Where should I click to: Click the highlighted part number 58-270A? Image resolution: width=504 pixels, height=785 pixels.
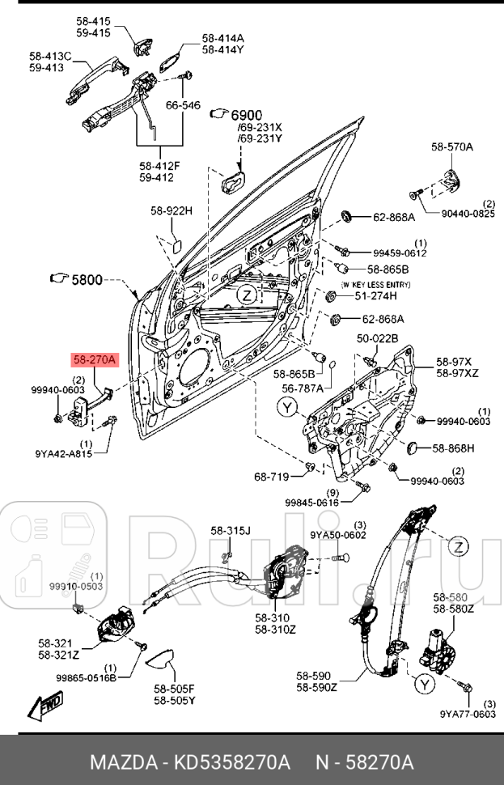pyautogui.click(x=95, y=359)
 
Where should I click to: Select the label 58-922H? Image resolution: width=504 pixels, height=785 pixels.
pyautogui.click(x=171, y=211)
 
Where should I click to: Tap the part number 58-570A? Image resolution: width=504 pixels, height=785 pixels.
pyautogui.click(x=451, y=146)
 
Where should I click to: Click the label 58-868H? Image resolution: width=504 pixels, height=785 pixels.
pyautogui.click(x=453, y=448)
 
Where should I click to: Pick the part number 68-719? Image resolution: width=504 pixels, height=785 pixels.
pyautogui.click(x=271, y=477)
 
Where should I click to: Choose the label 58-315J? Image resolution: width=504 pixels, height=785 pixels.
pyautogui.click(x=231, y=531)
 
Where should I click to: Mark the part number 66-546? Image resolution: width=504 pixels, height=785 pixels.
pyautogui.click(x=183, y=105)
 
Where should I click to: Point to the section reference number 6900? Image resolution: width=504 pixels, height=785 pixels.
pyautogui.click(x=247, y=114)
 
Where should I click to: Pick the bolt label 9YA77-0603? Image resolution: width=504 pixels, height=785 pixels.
pyautogui.click(x=468, y=714)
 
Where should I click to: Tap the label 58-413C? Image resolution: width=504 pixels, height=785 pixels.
pyautogui.click(x=50, y=56)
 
